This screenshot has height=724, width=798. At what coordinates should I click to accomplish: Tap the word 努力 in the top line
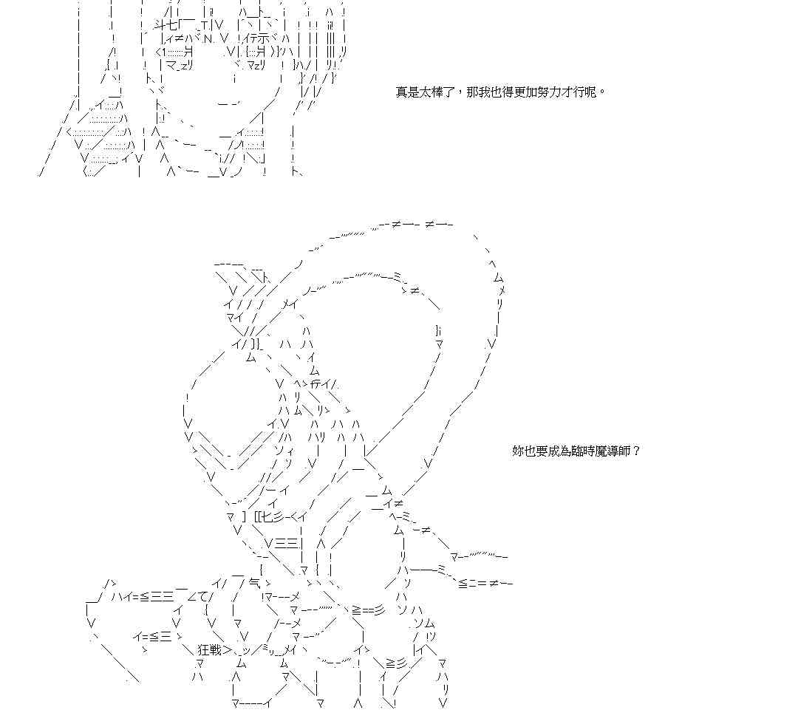pos(550,92)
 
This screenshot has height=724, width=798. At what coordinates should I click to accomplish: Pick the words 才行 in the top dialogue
pos(577,92)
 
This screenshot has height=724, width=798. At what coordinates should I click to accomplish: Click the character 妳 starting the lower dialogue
pos(518,451)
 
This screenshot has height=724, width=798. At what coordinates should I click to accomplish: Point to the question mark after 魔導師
pos(637,451)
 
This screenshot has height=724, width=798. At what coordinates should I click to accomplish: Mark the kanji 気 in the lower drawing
pos(255,583)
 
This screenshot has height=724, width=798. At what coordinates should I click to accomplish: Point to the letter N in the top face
pos(208,38)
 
